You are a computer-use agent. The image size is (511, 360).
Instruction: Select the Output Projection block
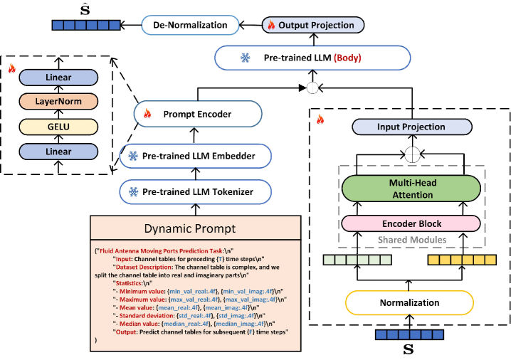314,25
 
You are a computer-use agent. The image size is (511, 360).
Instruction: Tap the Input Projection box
411,127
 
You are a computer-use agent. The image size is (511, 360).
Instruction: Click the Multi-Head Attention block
411,189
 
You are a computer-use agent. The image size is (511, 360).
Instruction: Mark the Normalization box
410,302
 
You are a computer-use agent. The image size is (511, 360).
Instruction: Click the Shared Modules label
411,240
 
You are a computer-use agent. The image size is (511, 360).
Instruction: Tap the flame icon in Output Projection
270,25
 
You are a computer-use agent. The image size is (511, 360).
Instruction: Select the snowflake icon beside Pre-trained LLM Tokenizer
133,191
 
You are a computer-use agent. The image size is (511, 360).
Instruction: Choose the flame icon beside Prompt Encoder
147,113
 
